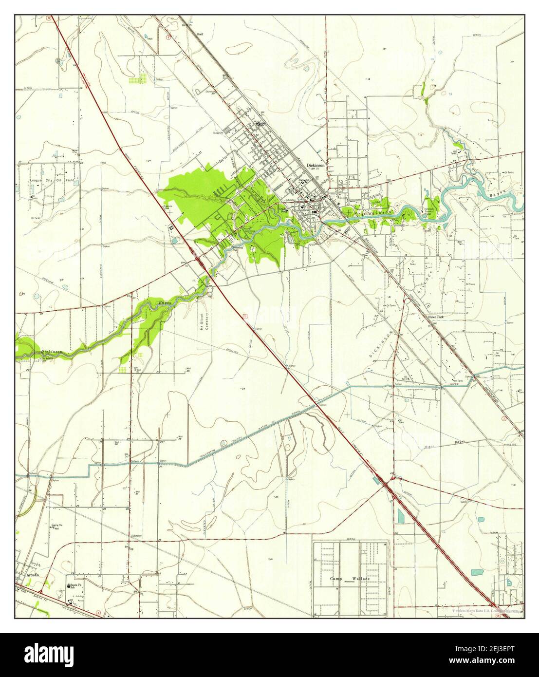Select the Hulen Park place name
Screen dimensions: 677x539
pyautogui.click(x=436, y=317)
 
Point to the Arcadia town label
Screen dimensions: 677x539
pyautogui.click(x=31, y=575)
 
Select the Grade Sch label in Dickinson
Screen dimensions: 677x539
pyautogui.click(x=281, y=209)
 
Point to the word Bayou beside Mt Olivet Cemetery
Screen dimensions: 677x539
pyautogui.click(x=165, y=303)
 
